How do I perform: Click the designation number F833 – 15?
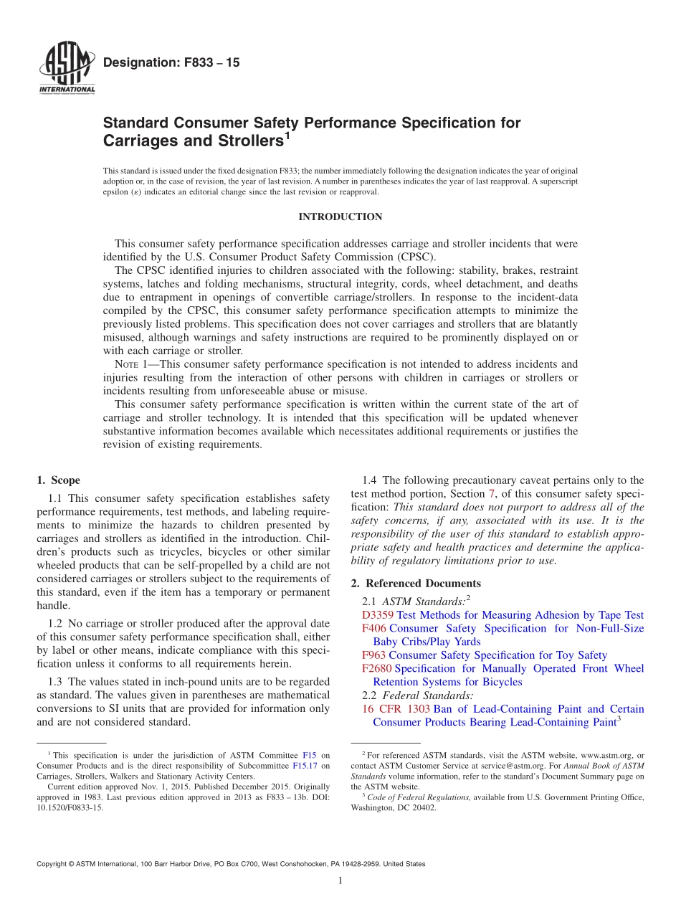(171, 63)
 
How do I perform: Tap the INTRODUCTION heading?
(340, 217)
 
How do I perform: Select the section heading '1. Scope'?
(59, 480)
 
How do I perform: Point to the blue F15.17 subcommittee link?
(307, 766)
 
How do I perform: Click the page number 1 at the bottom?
(340, 880)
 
